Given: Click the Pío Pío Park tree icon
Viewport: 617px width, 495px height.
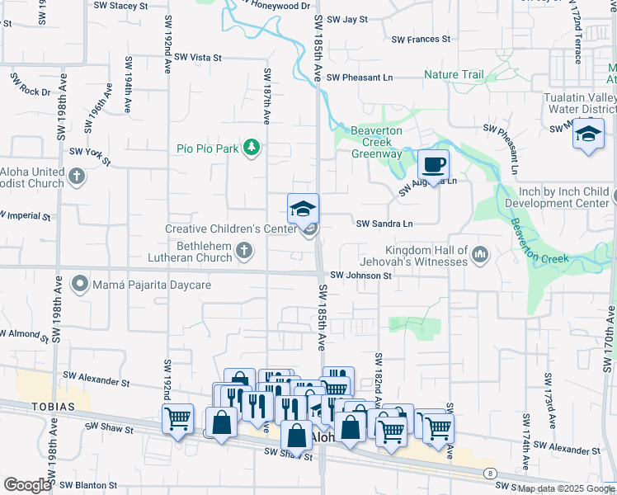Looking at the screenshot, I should pyautogui.click(x=252, y=148).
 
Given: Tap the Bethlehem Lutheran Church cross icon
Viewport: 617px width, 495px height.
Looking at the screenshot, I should pyautogui.click(x=244, y=251).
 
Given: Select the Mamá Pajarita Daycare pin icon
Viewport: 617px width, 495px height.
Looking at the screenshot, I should pyautogui.click(x=80, y=285).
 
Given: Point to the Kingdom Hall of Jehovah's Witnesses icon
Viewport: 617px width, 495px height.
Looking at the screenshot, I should pyautogui.click(x=480, y=256).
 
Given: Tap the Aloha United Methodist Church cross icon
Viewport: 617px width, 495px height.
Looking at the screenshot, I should pyautogui.click(x=77, y=176).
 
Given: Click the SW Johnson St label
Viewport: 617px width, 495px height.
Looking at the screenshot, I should pyautogui.click(x=360, y=276).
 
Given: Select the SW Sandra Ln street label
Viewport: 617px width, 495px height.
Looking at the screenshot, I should pyautogui.click(x=384, y=224).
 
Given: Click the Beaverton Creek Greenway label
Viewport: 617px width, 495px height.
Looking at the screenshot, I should pyautogui.click(x=376, y=143).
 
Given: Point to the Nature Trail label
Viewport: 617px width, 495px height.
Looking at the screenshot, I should pyautogui.click(x=454, y=75).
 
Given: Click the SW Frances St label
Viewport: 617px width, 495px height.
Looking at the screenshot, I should pyautogui.click(x=421, y=39).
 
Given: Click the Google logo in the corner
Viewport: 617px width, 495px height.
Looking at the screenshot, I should pyautogui.click(x=27, y=485).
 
